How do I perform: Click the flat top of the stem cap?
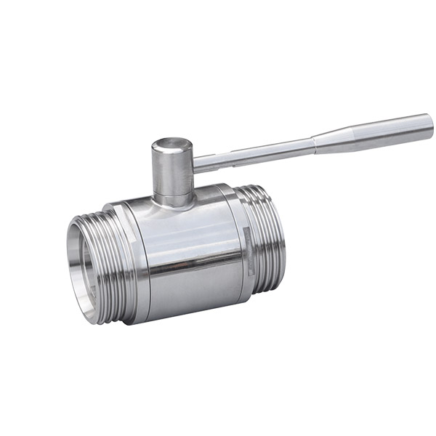coord(172,141)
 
